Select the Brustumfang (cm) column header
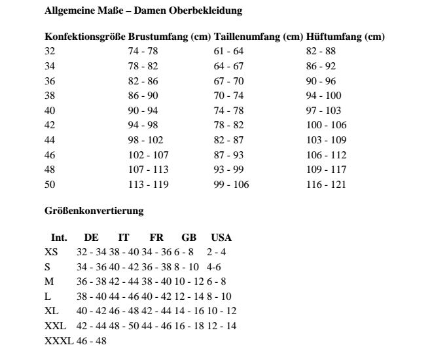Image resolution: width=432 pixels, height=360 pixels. click(170, 37)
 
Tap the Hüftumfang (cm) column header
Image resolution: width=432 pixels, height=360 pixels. click(345, 37)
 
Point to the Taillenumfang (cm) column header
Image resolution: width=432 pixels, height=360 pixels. click(259, 37)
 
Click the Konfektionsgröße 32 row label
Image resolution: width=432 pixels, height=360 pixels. click(50, 51)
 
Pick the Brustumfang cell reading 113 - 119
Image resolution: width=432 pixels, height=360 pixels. click(149, 185)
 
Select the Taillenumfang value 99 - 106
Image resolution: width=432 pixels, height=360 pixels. click(232, 185)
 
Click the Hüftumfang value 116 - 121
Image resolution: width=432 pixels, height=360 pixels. click(325, 185)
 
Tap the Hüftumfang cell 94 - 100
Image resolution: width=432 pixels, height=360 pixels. click(323, 96)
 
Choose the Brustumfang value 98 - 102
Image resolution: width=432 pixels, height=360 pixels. click(146, 140)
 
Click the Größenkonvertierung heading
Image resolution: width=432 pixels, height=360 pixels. click(94, 211)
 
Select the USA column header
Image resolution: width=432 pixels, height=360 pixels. click(221, 238)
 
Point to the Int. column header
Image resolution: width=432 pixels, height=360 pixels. click(59, 238)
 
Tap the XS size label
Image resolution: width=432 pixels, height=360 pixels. click(50, 252)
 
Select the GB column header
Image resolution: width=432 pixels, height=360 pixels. click(189, 238)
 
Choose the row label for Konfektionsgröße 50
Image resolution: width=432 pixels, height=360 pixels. click(50, 185)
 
